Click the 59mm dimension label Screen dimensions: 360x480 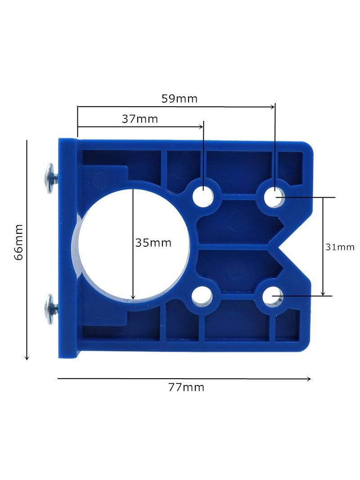(180, 99)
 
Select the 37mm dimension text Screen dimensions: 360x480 (140, 119)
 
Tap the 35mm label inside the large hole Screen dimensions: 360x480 (153, 243)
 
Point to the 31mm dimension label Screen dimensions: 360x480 (340, 247)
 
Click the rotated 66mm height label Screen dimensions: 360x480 (18, 242)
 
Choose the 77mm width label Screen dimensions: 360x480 (186, 387)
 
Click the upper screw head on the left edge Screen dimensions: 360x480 (49, 178)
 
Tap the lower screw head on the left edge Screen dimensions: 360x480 (49, 309)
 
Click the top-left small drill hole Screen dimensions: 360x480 (203, 195)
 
